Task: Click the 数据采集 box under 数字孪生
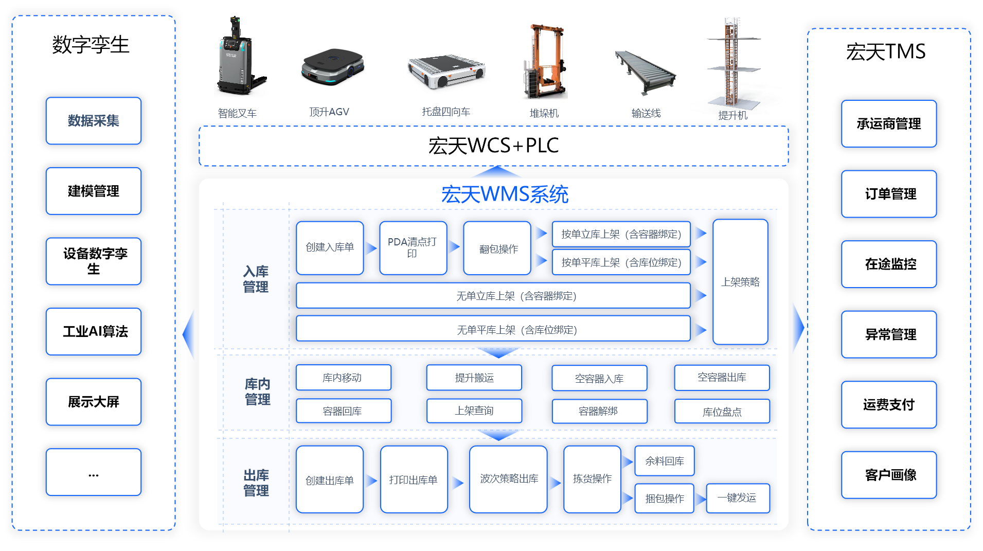point(93,121)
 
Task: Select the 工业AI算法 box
point(93,331)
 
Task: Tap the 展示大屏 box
point(93,402)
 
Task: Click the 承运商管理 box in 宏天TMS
point(888,124)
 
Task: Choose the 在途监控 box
point(888,264)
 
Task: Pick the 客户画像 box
point(888,475)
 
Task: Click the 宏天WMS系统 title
point(504,194)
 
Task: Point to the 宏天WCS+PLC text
point(493,146)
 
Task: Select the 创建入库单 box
point(330,247)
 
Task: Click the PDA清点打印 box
point(413,247)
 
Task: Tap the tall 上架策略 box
point(740,282)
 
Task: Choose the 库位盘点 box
point(722,412)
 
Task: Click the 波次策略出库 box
point(508,479)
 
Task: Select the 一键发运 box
point(738,498)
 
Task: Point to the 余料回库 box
point(664,461)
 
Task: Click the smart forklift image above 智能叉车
point(240,59)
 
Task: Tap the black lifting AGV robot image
point(332,67)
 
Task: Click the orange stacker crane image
point(545,62)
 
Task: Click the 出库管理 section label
point(256,483)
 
